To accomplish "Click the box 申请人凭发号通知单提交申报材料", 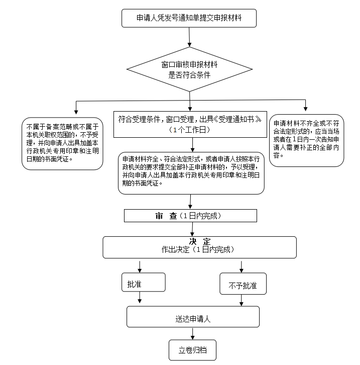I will [x=189, y=19].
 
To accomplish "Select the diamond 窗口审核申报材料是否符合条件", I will [x=189, y=70].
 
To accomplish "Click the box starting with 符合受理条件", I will [x=190, y=124].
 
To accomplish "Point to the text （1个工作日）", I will [x=189, y=130].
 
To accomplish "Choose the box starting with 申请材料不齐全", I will [x=306, y=140].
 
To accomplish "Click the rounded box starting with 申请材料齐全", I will [x=191, y=172].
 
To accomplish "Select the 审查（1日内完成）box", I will [x=191, y=215].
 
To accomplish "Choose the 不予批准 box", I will [x=243, y=285].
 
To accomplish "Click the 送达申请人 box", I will [x=193, y=317].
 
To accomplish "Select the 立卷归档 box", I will [x=192, y=350].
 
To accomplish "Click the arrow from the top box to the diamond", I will [x=189, y=37].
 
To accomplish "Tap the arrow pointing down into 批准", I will [x=139, y=265].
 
